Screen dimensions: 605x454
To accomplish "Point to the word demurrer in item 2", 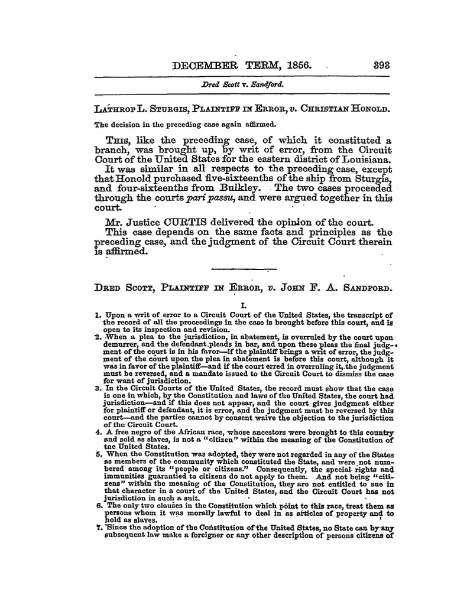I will [122, 343].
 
